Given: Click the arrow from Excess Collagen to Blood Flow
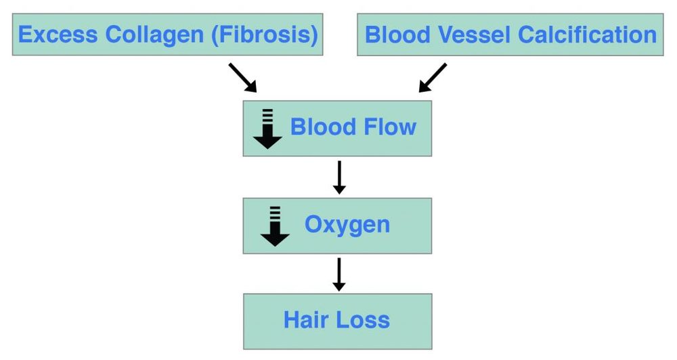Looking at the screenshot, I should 243,77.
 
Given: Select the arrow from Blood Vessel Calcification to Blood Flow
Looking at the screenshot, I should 433,77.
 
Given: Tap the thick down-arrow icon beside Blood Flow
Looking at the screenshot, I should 267,129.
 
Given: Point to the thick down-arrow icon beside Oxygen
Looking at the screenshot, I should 275,226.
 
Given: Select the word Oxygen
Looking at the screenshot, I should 347,225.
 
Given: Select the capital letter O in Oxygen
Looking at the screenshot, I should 313,224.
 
